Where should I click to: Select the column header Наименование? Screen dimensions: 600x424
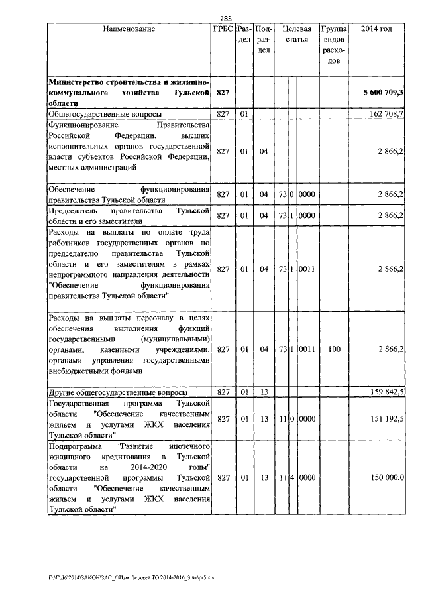pos(129,29)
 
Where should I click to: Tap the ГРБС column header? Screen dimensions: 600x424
pos(223,29)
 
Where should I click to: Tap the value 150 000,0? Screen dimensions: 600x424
pos(387,477)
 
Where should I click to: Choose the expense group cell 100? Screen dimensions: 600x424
pos(335,349)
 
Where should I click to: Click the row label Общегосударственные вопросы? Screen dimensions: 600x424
pos(97,114)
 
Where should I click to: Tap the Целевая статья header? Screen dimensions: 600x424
pos(297,34)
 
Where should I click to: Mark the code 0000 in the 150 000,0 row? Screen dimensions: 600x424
pos(307,477)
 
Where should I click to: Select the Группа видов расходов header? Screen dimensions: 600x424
pos(335,45)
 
